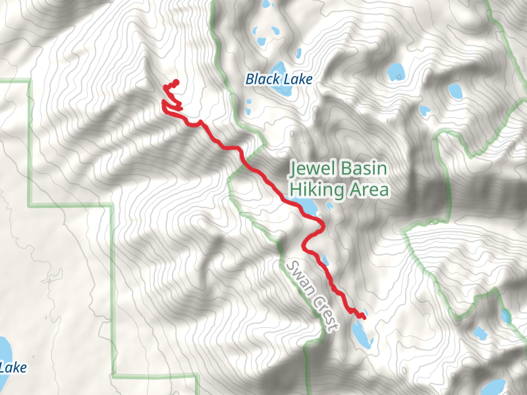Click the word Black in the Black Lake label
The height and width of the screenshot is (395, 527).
click(x=261, y=79)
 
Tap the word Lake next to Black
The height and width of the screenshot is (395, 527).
click(x=296, y=79)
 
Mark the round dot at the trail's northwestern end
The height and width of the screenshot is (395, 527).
click(x=176, y=82)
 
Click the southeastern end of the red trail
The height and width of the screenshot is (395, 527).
click(x=364, y=317)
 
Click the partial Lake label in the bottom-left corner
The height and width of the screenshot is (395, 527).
click(x=13, y=367)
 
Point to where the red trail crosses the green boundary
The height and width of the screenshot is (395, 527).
click(x=244, y=162)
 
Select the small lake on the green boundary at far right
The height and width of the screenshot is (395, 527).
click(x=505, y=316)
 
